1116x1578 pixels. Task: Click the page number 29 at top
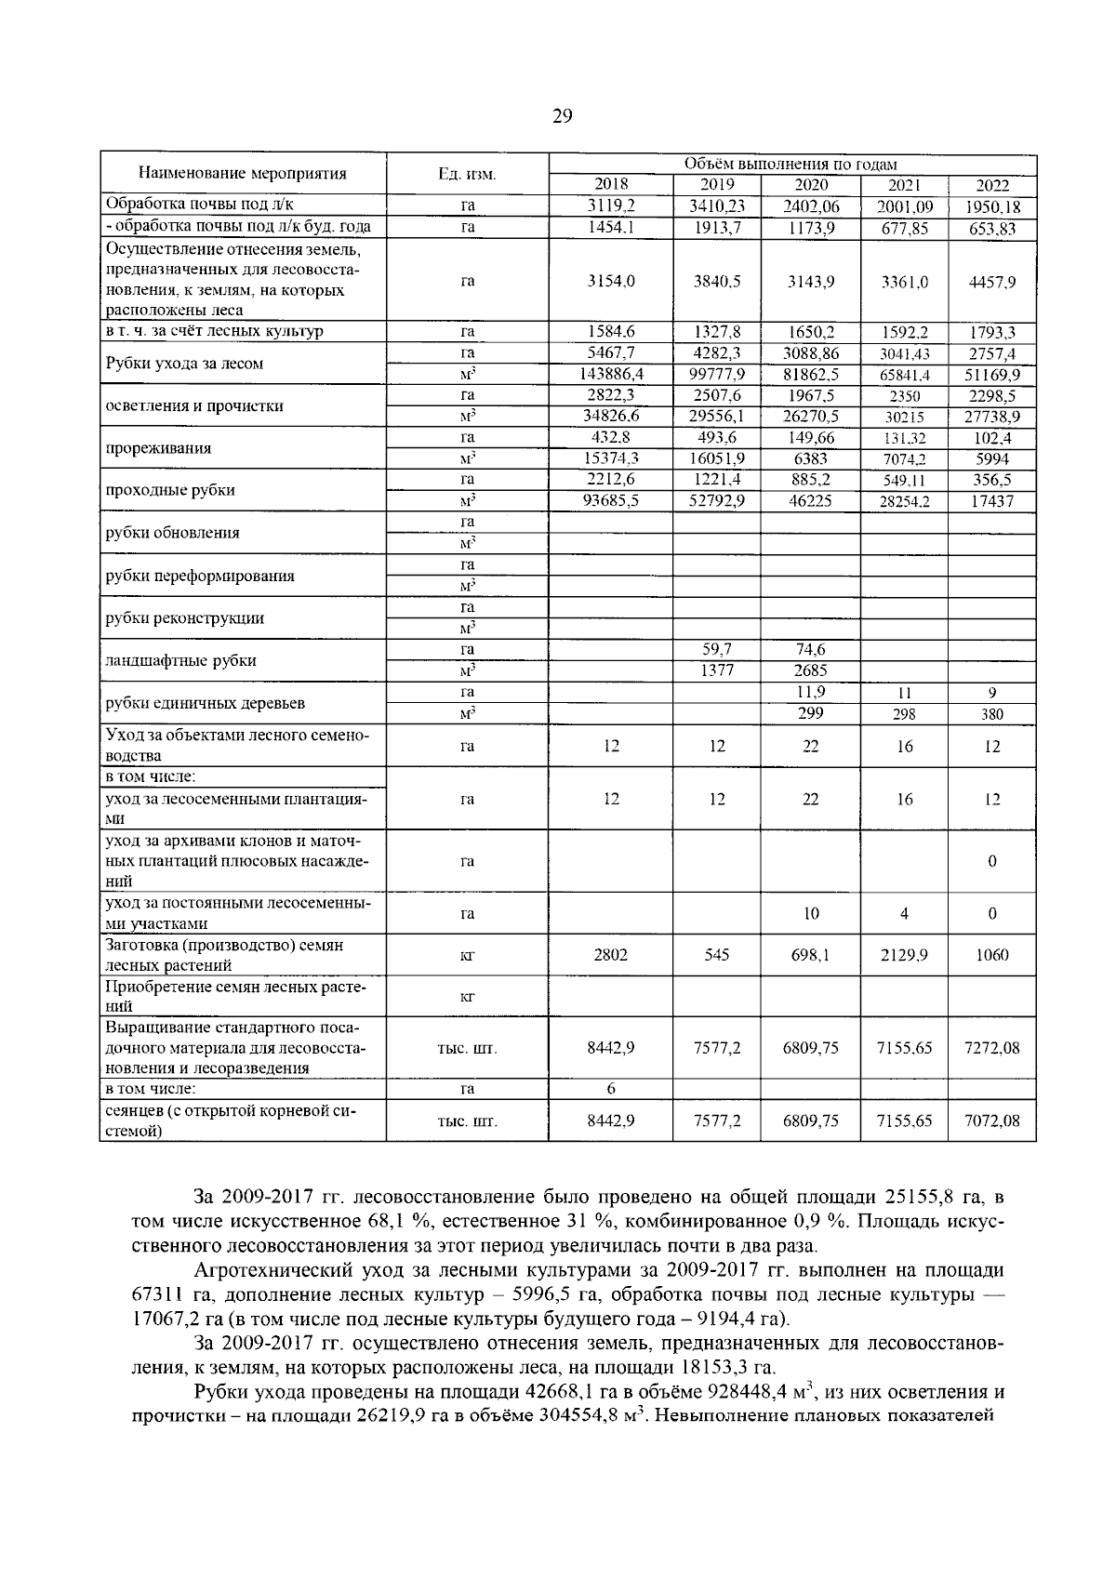pyautogui.click(x=562, y=116)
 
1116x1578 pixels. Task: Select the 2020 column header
pyautogui.click(x=810, y=185)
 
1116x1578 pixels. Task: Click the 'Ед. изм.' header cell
pyautogui.click(x=467, y=174)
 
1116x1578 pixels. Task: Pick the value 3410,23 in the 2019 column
pyautogui.click(x=716, y=206)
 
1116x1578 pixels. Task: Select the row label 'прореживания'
pyautogui.click(x=158, y=448)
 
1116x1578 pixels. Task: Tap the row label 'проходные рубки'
pyautogui.click(x=170, y=490)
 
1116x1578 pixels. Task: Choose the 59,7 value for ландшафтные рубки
pyautogui.click(x=716, y=649)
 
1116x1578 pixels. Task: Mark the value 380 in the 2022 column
pyautogui.click(x=991, y=714)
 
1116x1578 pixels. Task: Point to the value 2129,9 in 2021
pyautogui.click(x=904, y=955)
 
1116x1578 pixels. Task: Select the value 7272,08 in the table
pyautogui.click(x=991, y=1048)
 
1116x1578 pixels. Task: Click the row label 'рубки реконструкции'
pyautogui.click(x=184, y=618)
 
